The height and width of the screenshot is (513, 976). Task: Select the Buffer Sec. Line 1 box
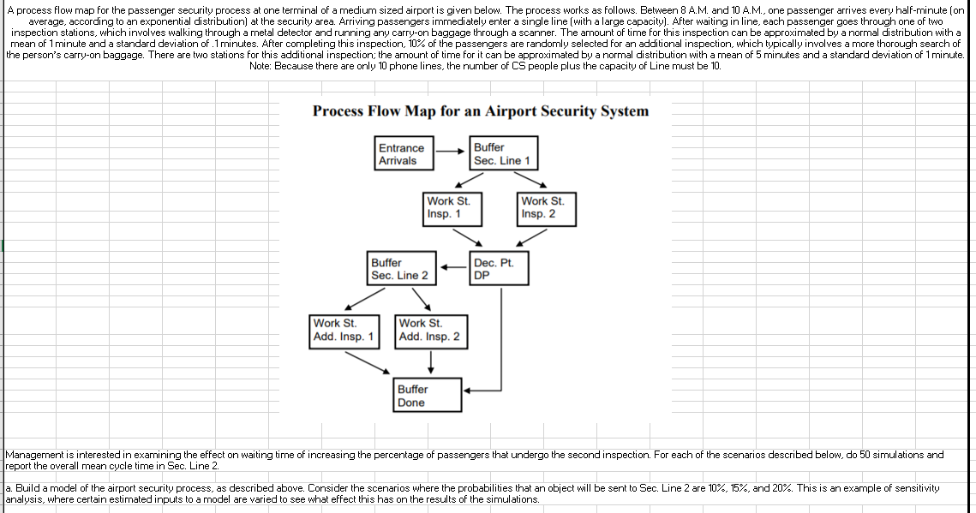[x=503, y=154]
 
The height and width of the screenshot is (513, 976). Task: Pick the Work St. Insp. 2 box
[x=547, y=208]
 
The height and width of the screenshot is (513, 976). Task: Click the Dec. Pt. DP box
[x=499, y=268]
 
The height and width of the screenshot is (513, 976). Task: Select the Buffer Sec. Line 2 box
[x=400, y=268]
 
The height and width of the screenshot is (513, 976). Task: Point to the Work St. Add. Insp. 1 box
[x=344, y=330]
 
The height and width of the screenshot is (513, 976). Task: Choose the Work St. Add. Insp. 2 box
[x=429, y=330]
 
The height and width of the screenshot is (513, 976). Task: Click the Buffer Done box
[x=424, y=396]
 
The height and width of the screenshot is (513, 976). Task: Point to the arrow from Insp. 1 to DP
[x=467, y=235]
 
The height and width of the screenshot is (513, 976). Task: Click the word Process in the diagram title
[x=342, y=111]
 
